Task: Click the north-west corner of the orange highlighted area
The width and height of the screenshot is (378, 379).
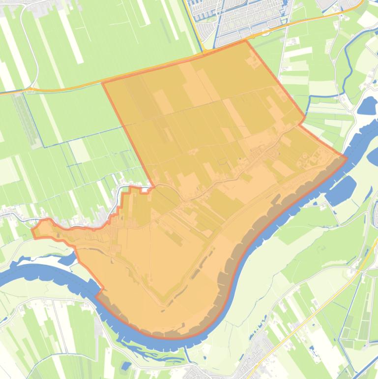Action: tap(103, 82)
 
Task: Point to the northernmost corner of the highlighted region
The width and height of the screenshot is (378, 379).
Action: tap(246, 41)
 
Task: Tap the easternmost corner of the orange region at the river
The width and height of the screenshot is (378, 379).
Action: tap(347, 158)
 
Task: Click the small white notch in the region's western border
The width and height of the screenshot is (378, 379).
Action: tap(145, 190)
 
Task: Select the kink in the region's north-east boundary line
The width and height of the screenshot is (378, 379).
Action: tap(304, 122)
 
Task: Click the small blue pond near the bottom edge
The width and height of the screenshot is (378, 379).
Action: tap(126, 365)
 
